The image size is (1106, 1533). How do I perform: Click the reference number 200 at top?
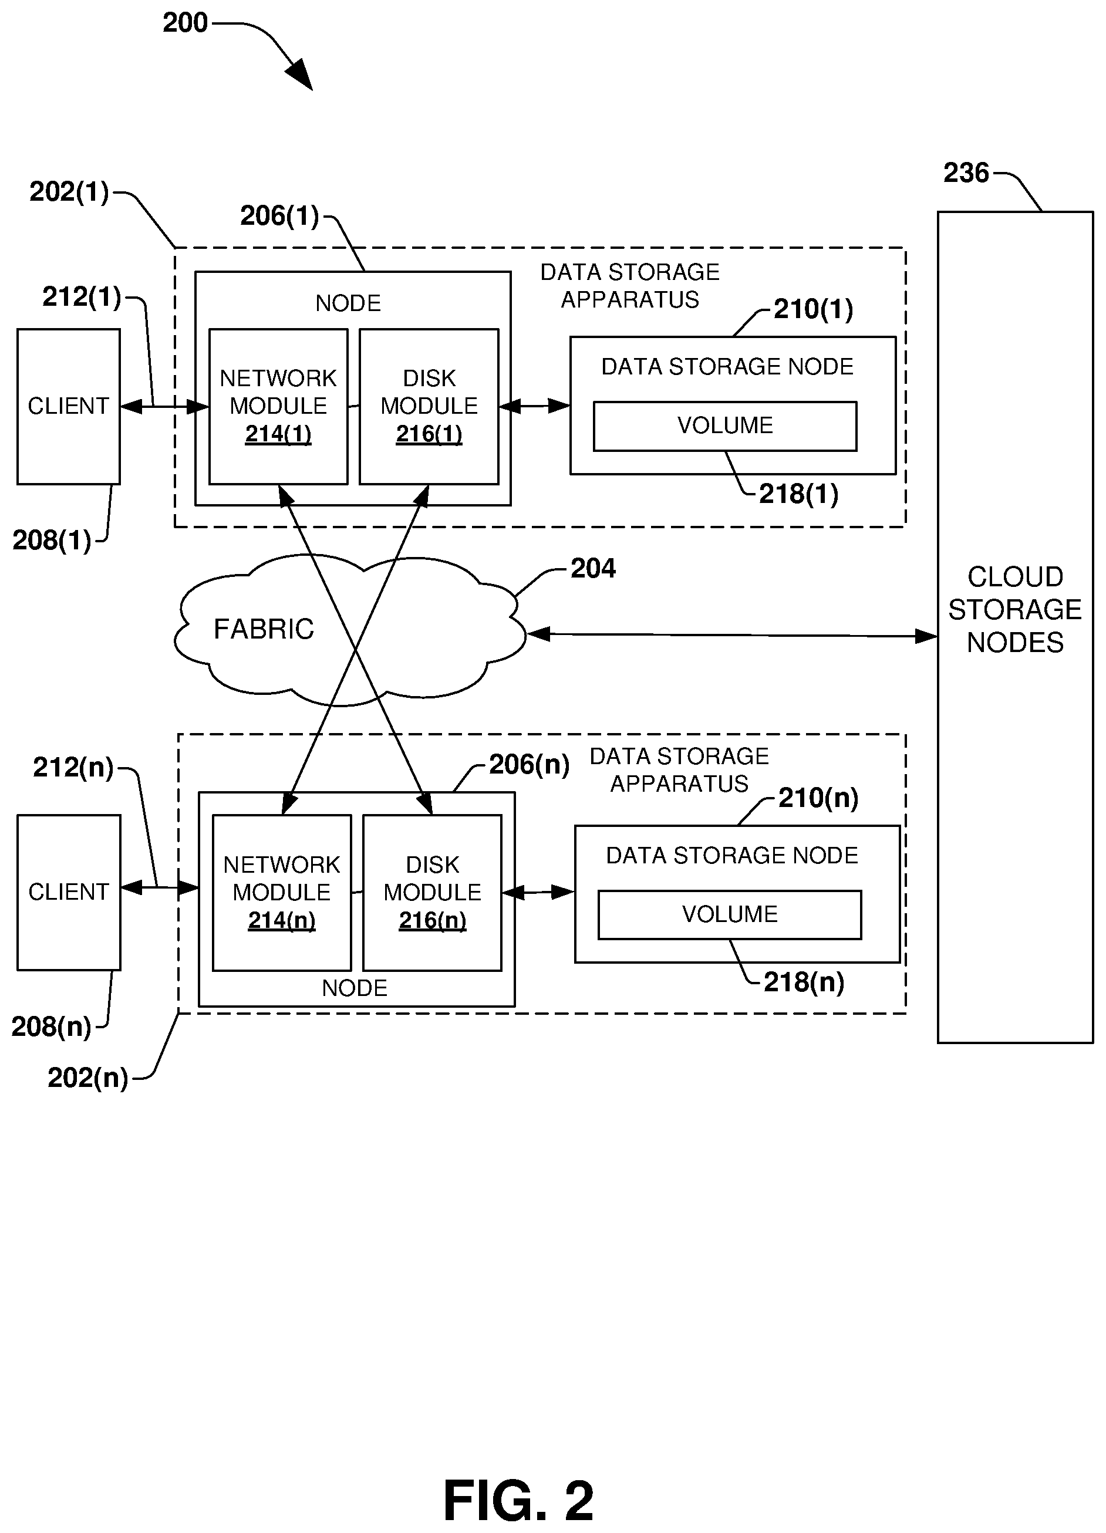pyautogui.click(x=184, y=23)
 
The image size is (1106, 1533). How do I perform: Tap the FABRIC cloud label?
pyautogui.click(x=264, y=629)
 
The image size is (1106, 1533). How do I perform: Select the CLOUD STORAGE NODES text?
pyautogui.click(x=1015, y=610)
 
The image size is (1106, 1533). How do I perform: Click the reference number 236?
pyautogui.click(x=966, y=173)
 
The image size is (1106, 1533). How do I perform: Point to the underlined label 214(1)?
pyautogui.click(x=278, y=434)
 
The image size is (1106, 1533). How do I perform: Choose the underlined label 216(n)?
pyautogui.click(x=433, y=921)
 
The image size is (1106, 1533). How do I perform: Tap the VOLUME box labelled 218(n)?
pyautogui.click(x=730, y=914)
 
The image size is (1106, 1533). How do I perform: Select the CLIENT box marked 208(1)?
pyautogui.click(x=68, y=406)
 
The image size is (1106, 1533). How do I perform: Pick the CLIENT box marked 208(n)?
pyautogui.click(x=68, y=892)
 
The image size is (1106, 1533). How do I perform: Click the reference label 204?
pyautogui.click(x=593, y=569)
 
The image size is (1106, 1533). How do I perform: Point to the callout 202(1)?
pyautogui.click(x=69, y=192)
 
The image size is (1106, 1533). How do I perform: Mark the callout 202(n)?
pyautogui.click(x=88, y=1078)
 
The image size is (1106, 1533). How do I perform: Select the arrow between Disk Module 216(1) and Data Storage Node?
pyautogui.click(x=534, y=406)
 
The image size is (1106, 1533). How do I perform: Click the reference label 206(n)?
pyautogui.click(x=529, y=765)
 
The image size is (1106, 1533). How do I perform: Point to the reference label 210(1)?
pyautogui.click(x=812, y=309)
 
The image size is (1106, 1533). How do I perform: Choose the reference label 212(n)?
pyautogui.click(x=73, y=767)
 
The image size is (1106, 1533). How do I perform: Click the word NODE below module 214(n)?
pyautogui.click(x=354, y=988)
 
